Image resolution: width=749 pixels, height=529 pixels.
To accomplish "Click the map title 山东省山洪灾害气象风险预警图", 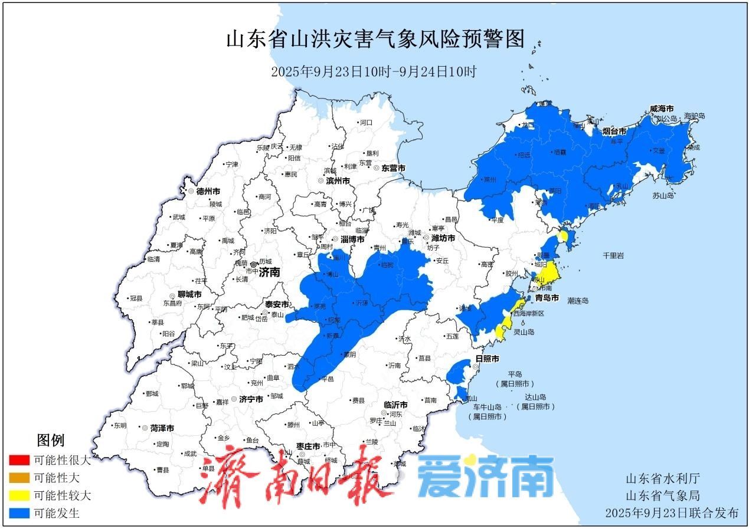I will (375, 40).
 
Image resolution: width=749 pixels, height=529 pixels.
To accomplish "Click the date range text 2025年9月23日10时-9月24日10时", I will (373, 72).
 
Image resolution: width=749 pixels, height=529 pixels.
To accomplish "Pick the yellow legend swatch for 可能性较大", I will (19, 495).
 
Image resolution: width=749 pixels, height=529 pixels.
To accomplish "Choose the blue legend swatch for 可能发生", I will (19, 513).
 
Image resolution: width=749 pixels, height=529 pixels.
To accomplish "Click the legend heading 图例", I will (50, 440).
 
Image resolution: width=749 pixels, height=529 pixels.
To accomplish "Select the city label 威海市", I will (662, 109).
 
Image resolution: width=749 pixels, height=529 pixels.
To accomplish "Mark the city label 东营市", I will (394, 168).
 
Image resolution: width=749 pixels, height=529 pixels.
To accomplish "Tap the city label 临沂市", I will (395, 405).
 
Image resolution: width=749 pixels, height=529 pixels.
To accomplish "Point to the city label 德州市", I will (208, 191).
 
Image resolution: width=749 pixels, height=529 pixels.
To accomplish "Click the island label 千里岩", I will (613, 255).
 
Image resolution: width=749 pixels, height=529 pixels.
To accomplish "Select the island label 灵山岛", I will (524, 332).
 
